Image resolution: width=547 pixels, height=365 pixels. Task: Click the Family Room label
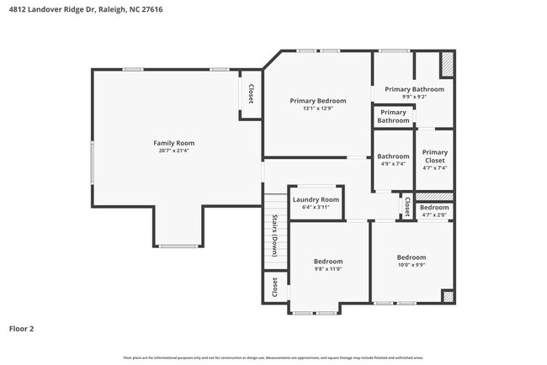point(173,143)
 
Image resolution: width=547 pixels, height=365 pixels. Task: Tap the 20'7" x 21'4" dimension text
point(173,151)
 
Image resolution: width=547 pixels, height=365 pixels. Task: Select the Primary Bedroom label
point(318,101)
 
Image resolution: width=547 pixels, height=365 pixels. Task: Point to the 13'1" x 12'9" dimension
point(318,108)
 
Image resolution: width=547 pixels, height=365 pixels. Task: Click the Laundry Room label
point(316,199)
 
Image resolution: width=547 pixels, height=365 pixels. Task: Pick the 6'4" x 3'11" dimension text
point(316,207)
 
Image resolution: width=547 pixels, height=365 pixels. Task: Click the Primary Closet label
point(434,156)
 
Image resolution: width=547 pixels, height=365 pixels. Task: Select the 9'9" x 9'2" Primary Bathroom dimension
point(414,97)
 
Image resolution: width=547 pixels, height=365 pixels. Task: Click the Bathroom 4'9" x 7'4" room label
point(393,156)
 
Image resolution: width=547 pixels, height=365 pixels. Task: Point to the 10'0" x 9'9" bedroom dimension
point(412,266)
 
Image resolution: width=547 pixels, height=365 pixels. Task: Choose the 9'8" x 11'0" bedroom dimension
point(328,270)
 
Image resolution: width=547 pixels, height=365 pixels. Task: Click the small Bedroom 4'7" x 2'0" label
point(434,208)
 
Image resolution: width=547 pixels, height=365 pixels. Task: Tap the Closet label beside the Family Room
point(251,93)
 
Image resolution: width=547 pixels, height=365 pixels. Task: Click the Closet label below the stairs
point(274,288)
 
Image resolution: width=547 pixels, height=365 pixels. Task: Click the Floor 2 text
point(21,329)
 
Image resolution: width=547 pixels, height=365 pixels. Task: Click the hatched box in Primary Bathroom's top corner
point(448,64)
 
